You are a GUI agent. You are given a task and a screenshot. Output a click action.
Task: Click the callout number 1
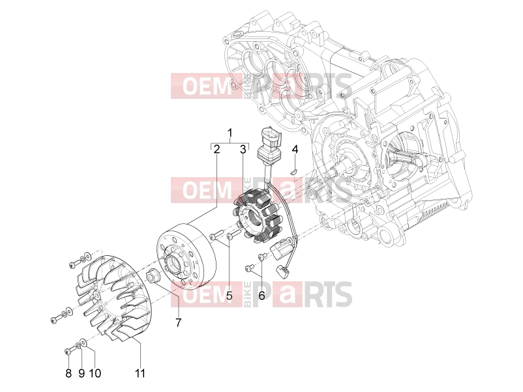pos(230,133)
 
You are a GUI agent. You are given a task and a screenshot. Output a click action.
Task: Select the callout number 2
pos(217,149)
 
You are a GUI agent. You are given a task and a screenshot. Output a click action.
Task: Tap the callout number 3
pos(243,149)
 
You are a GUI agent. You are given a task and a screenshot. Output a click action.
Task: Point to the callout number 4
pos(295,149)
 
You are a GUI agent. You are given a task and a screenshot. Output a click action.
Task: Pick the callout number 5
pos(229,295)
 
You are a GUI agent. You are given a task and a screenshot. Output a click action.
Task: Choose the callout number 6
pos(262,295)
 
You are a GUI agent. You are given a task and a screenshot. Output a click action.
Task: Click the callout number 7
pos(179,322)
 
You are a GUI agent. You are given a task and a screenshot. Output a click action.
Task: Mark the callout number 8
pos(68,373)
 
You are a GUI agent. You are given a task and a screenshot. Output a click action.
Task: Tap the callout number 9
pos(82,373)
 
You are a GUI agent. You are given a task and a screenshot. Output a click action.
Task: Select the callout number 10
pos(95,373)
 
